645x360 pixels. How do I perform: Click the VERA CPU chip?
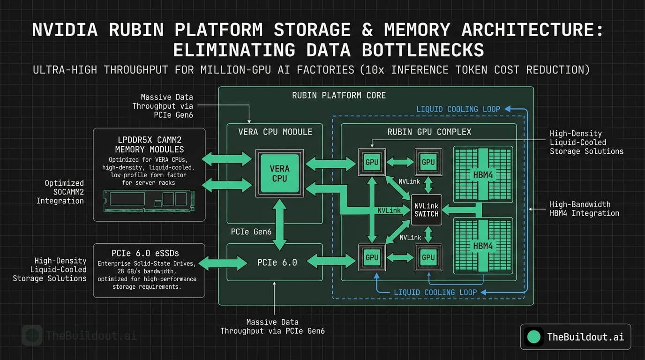point(279,172)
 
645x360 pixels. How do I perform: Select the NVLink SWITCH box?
point(426,210)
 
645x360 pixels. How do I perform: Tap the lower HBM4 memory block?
point(482,246)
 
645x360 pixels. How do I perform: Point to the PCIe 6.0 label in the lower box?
point(277,262)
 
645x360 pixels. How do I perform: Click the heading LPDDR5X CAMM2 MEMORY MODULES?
point(149,145)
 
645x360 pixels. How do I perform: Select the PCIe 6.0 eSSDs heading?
point(149,253)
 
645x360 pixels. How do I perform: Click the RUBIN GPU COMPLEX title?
point(429,132)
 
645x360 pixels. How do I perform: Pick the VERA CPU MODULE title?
point(275,132)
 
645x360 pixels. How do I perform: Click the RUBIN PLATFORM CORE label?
point(339,96)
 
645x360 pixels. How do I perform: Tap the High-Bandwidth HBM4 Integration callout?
point(584,209)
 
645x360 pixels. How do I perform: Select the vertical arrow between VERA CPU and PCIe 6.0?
point(280,224)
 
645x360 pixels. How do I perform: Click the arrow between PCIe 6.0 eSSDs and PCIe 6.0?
point(224,263)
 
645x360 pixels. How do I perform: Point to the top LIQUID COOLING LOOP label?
point(458,109)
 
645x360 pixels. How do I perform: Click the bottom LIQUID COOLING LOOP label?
point(435,292)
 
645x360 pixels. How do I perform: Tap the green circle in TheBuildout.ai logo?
point(533,337)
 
